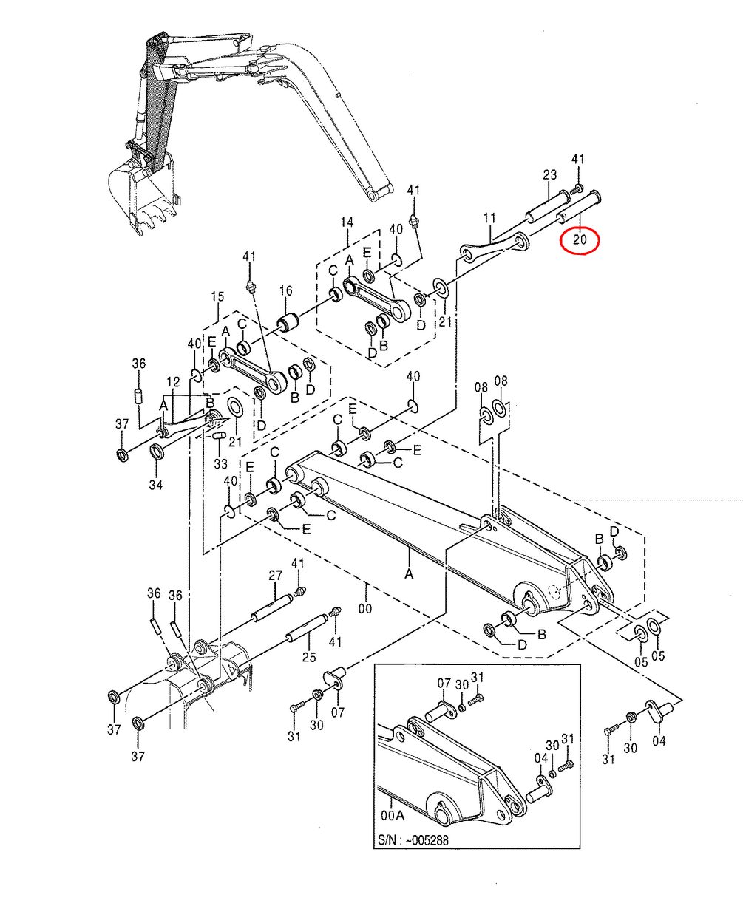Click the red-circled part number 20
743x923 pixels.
click(580, 239)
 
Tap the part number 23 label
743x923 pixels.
click(550, 175)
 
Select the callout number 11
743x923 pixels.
click(489, 218)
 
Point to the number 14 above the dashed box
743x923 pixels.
click(347, 222)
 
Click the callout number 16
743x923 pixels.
click(286, 291)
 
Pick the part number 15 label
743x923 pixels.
click(217, 296)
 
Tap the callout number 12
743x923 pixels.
click(173, 382)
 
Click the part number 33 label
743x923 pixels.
click(220, 463)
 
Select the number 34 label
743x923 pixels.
click(156, 485)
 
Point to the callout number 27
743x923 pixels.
click(275, 575)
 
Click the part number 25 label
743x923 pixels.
click(309, 658)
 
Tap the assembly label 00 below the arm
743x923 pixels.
click(365, 608)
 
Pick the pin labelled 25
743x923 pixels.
click(307, 629)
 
